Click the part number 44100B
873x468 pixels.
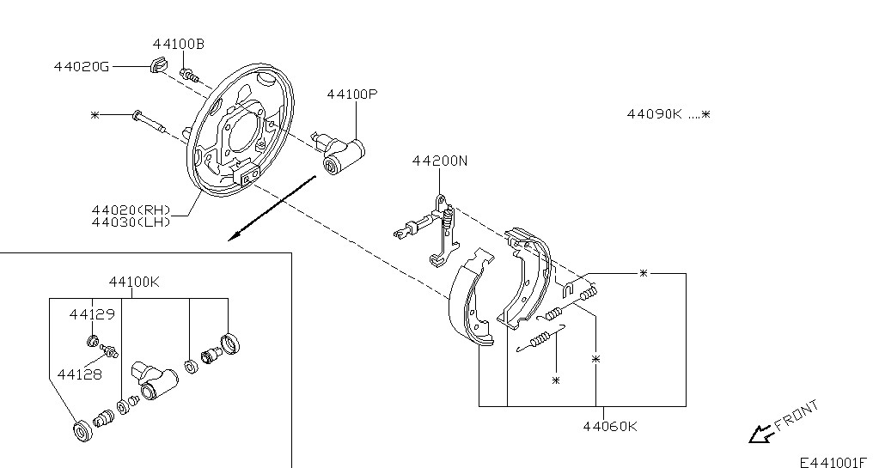point(178,44)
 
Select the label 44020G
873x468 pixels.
point(82,67)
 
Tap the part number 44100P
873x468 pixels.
point(352,94)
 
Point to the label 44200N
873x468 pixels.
point(440,161)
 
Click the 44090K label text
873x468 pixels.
point(654,114)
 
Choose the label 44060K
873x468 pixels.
point(610,427)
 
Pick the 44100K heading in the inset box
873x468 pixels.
point(134,283)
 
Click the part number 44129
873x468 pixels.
point(92,314)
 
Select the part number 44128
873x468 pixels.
point(80,374)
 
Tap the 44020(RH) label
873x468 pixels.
point(131,210)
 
